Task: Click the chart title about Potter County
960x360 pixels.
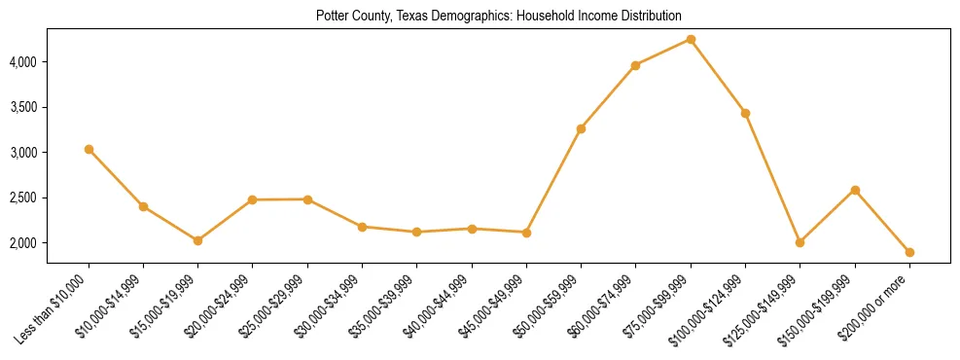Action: (x=498, y=17)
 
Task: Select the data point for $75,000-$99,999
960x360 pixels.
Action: (x=691, y=39)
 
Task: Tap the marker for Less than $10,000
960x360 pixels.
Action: (x=89, y=149)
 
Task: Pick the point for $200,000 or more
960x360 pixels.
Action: (x=909, y=252)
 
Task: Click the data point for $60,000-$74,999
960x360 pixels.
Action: (x=635, y=65)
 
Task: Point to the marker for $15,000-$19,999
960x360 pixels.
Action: (x=197, y=240)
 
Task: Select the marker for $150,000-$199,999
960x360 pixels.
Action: (x=855, y=190)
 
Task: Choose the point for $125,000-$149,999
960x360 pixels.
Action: (x=800, y=242)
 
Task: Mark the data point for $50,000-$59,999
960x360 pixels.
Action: (x=581, y=128)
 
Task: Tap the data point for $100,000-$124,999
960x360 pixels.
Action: (x=745, y=113)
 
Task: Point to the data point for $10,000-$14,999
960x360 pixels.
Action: (x=143, y=206)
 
